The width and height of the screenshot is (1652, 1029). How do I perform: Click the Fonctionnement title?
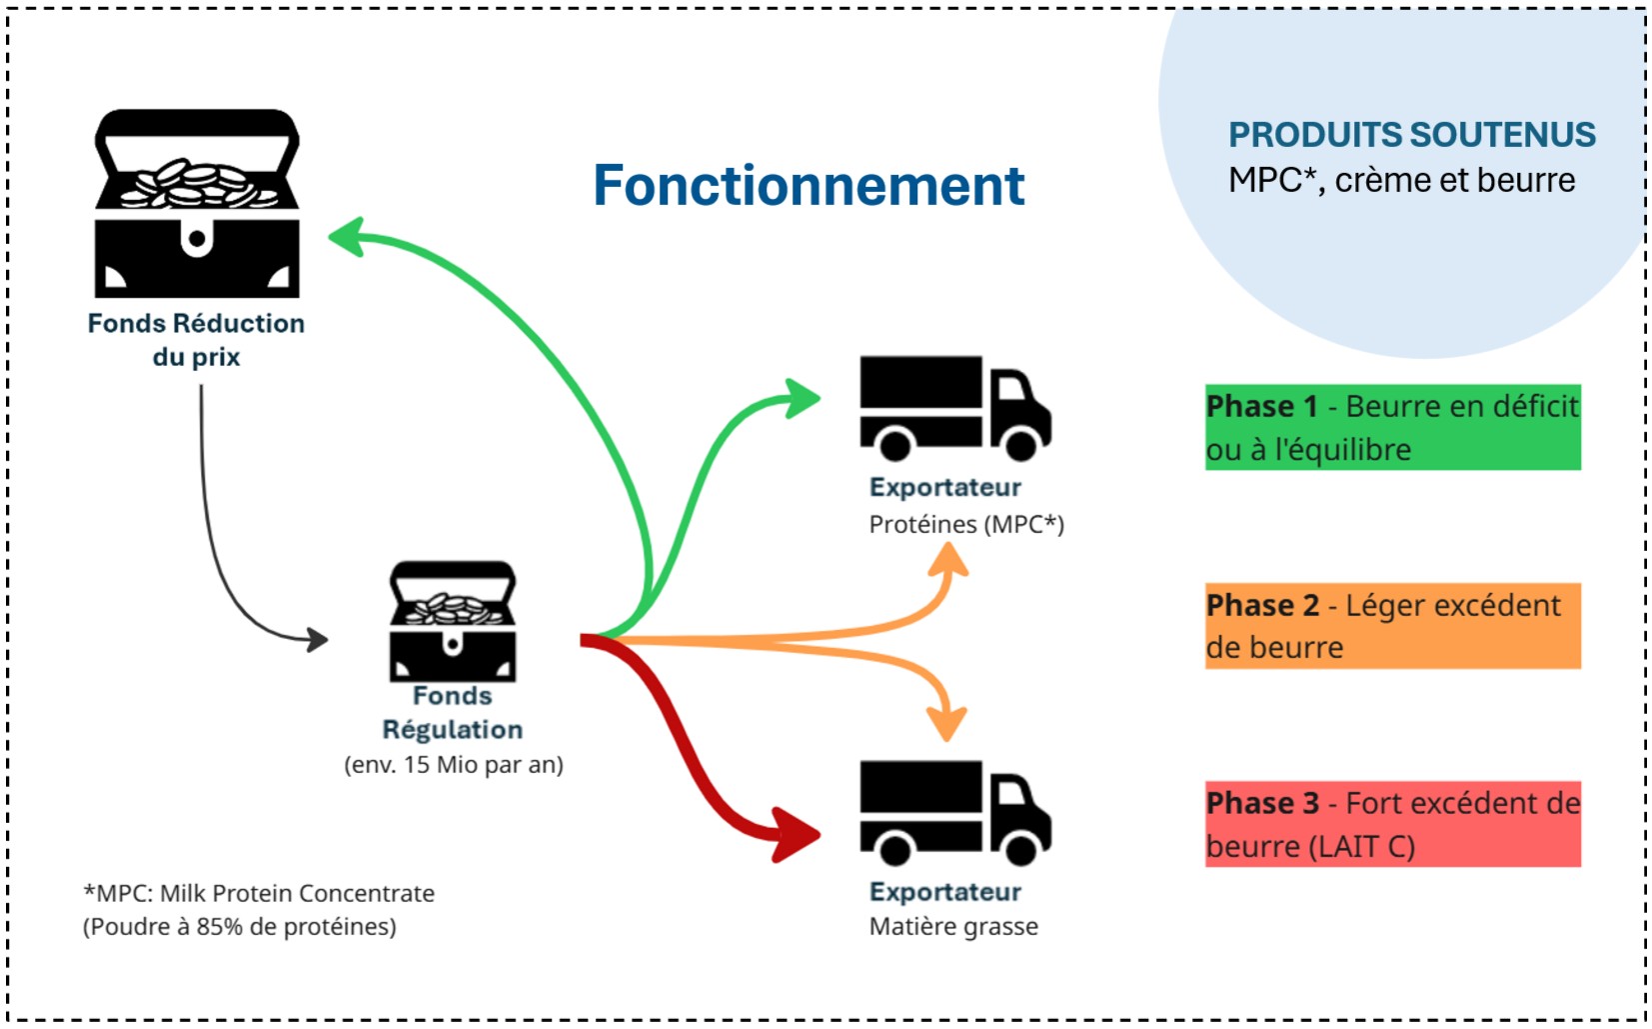[809, 186]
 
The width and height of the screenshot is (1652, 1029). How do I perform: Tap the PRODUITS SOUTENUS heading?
[1411, 135]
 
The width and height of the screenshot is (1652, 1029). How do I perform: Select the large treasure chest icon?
[197, 204]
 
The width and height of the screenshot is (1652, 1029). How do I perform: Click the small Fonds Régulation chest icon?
[453, 621]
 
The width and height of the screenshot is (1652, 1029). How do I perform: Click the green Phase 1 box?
[1392, 428]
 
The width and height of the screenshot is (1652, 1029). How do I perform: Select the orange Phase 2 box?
[1392, 626]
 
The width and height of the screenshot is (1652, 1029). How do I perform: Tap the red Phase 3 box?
[1392, 824]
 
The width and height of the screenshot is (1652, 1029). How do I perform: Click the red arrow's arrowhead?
[798, 834]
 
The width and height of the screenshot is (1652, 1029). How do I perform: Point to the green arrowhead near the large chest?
[346, 237]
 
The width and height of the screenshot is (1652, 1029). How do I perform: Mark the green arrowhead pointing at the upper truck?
[802, 398]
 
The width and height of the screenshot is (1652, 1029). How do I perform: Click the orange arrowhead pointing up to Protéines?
[947, 560]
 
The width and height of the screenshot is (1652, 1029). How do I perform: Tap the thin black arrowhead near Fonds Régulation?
[317, 639]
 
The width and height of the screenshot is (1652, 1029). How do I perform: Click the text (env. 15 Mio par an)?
[454, 765]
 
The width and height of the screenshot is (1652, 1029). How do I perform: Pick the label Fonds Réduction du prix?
[196, 340]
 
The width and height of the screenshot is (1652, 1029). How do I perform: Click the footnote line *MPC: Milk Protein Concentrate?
[259, 893]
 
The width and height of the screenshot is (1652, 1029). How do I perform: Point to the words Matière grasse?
[953, 927]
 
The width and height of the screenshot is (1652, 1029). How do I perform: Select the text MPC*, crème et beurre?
[1401, 181]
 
